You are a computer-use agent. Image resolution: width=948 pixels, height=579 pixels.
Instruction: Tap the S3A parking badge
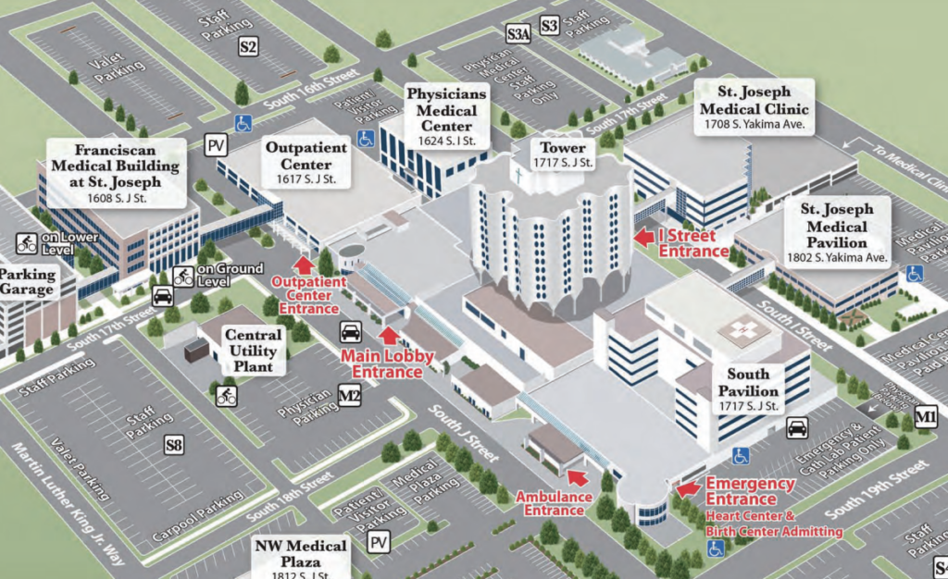tap(518, 34)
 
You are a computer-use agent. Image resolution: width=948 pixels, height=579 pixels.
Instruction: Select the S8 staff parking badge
tap(174, 446)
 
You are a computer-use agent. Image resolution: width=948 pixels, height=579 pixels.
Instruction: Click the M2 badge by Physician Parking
tap(349, 397)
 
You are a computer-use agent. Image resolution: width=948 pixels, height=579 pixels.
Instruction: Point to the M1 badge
tap(925, 418)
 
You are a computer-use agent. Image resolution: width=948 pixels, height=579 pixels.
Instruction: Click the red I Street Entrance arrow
tap(643, 237)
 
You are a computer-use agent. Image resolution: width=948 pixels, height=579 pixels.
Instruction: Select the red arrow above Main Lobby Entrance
tap(389, 336)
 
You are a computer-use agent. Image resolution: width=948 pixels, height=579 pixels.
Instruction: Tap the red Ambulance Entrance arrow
tap(577, 476)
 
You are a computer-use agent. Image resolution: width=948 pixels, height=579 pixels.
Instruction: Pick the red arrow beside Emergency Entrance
tap(687, 487)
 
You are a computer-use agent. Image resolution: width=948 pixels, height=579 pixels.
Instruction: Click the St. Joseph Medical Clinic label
tap(755, 106)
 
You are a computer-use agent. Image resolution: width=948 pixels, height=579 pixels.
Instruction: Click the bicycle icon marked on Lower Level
tap(27, 244)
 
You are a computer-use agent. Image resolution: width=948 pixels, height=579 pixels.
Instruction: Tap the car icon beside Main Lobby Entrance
tap(351, 332)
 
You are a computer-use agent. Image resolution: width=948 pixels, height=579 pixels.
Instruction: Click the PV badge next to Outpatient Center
tap(217, 145)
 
